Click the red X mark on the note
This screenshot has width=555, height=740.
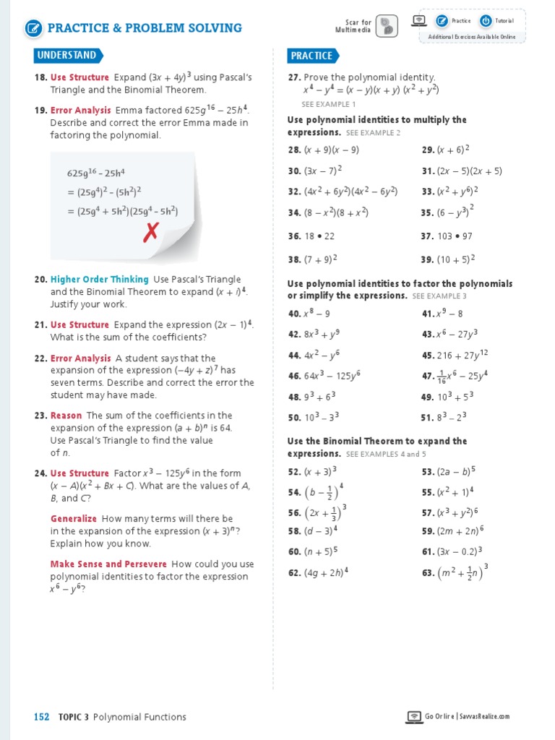pyautogui.click(x=151, y=232)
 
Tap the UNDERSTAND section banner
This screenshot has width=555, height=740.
pyautogui.click(x=67, y=56)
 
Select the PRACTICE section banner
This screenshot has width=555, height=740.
pyautogui.click(x=312, y=56)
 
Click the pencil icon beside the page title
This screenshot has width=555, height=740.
pyautogui.click(x=33, y=28)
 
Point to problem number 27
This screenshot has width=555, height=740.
pyautogui.click(x=294, y=77)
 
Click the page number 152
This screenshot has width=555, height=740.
pyautogui.click(x=42, y=717)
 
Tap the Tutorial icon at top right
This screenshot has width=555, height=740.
pyautogui.click(x=486, y=21)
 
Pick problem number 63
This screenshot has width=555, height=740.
pyautogui.click(x=427, y=573)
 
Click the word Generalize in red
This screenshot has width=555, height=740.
pyautogui.click(x=73, y=519)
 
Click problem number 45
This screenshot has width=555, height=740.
pyautogui.click(x=427, y=356)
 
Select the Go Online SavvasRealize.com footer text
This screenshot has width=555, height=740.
pyautogui.click(x=467, y=717)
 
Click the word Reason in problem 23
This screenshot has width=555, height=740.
pyautogui.click(x=66, y=416)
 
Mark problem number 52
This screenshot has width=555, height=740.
pyautogui.click(x=294, y=471)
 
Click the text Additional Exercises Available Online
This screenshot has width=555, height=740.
pyautogui.click(x=472, y=37)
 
